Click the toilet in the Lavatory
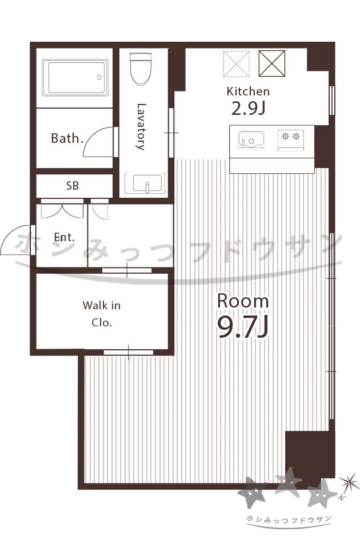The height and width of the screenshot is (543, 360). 141,68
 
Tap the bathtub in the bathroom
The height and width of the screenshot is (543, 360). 75,78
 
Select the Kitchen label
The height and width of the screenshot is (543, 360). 248,91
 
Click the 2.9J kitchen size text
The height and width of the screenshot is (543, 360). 248,109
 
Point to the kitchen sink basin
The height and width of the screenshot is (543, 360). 251,139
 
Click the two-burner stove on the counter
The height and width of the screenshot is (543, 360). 291,140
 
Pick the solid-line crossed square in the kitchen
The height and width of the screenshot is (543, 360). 272,63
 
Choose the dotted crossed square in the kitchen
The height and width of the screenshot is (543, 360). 237,63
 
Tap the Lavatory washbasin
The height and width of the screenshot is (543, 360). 145,183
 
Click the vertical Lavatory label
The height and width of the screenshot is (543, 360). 141,126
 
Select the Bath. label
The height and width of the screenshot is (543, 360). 67,138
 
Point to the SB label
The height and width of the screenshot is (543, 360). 73,186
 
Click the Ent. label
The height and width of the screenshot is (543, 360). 65,237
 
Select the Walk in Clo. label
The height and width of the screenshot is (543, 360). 101,314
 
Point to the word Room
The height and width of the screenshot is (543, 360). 243,301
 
